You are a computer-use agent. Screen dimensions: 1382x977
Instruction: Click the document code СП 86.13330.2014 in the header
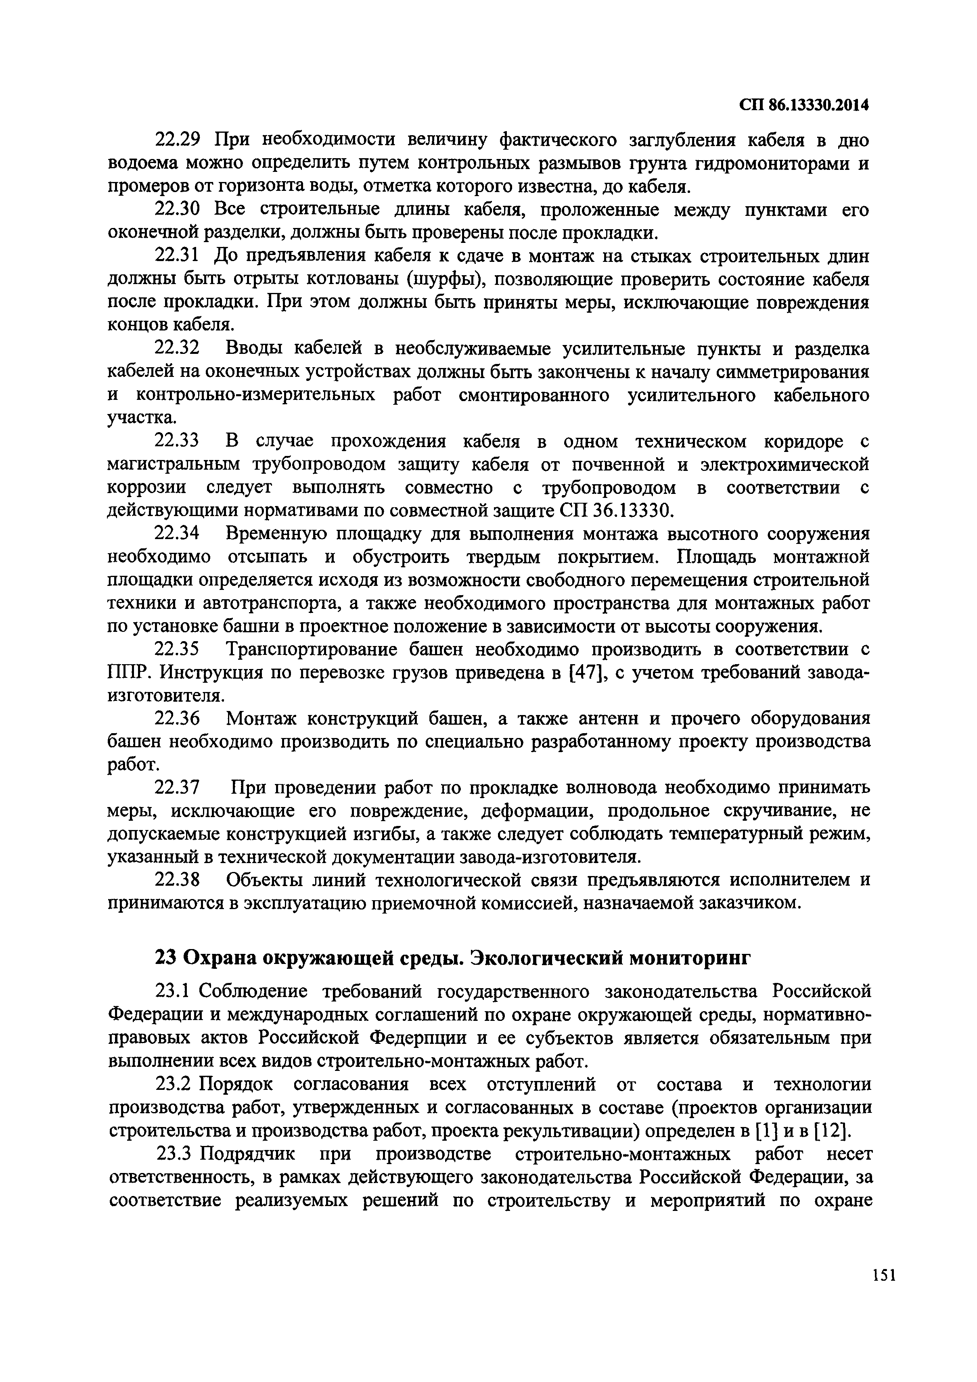tap(804, 105)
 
